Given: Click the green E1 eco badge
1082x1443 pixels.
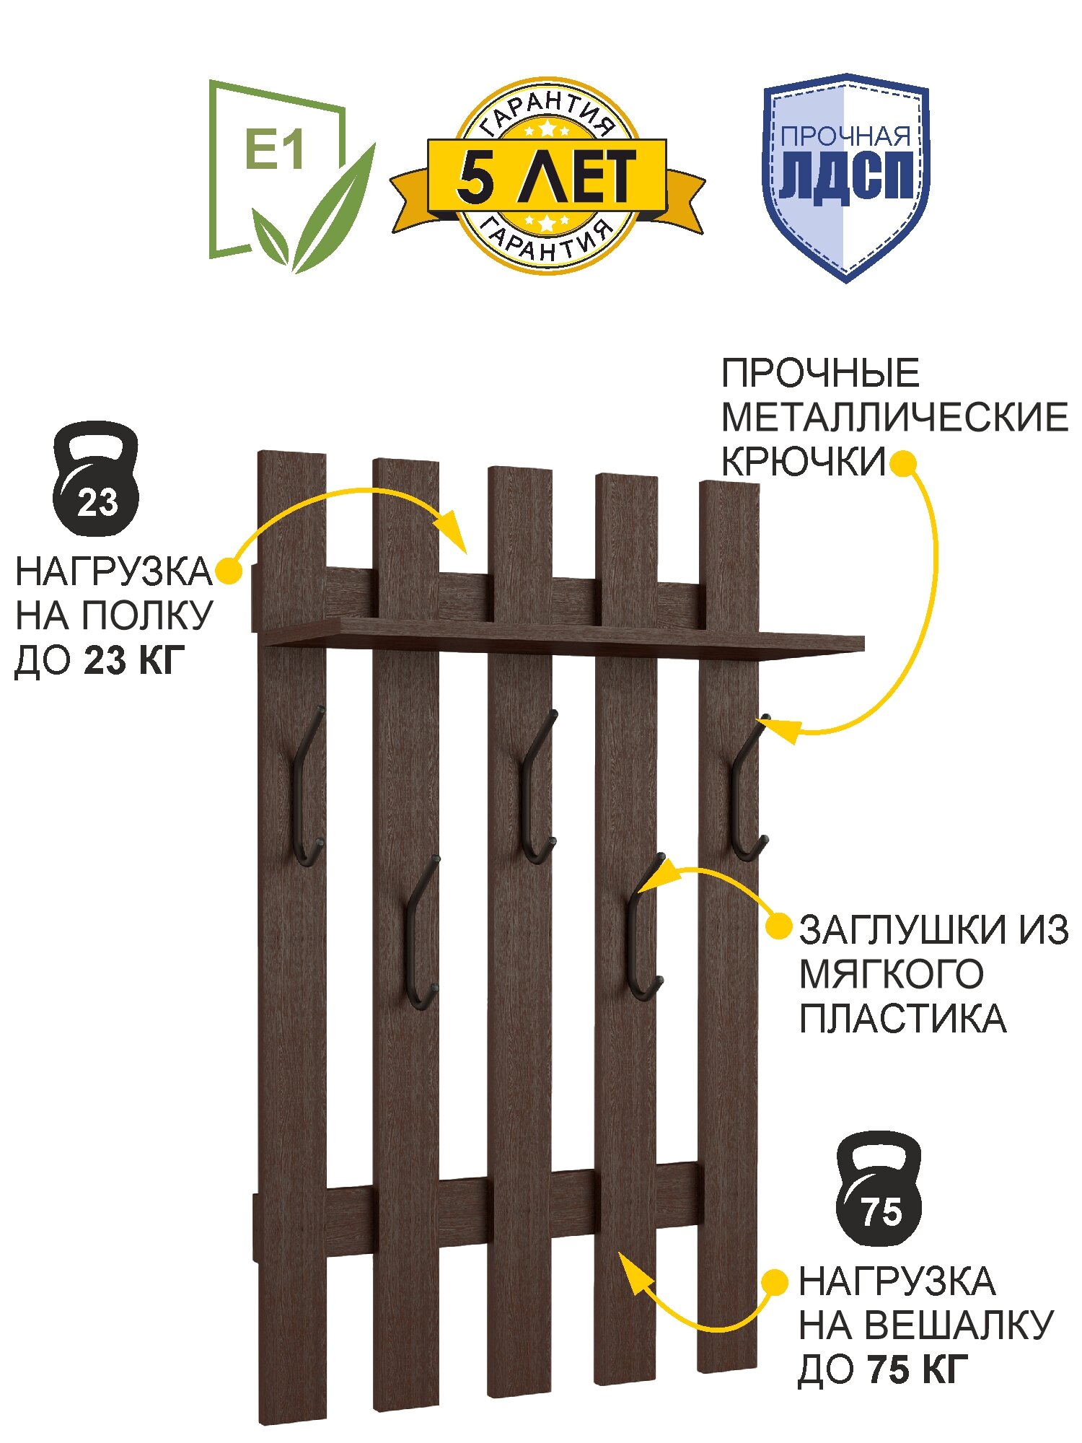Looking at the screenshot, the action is (x=289, y=177).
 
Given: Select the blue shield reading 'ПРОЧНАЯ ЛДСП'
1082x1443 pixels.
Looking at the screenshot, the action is (x=846, y=177).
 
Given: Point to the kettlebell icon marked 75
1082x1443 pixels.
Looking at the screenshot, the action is (x=878, y=1188).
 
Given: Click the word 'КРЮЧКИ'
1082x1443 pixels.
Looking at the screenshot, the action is (x=803, y=462).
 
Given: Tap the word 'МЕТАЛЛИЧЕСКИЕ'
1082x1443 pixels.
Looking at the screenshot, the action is (x=894, y=418).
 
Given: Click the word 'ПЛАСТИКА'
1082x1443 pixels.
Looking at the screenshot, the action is (x=902, y=1019).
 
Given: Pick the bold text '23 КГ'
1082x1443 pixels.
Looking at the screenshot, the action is (x=135, y=659).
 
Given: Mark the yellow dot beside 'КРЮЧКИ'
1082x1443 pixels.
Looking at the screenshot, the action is (x=902, y=463).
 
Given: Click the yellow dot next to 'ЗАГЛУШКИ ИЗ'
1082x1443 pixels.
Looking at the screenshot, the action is (x=778, y=926).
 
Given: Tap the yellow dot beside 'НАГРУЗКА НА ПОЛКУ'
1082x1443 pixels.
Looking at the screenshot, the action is (x=229, y=571).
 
